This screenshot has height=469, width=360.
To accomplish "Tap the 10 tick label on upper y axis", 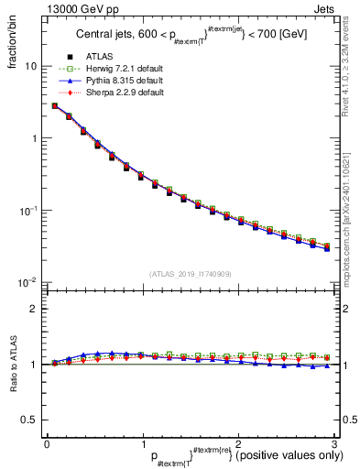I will (x=30, y=67).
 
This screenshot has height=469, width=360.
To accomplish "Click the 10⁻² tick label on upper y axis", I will (x=29, y=282).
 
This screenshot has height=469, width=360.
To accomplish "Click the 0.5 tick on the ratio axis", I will (x=27, y=420).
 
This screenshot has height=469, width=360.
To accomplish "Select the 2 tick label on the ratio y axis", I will (x=33, y=309).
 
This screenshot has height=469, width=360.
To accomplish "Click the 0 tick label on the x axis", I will (x=47, y=444).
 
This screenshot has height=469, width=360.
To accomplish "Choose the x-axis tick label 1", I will (x=142, y=444).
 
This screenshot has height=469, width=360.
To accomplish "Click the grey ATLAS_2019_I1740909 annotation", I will (x=190, y=274).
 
